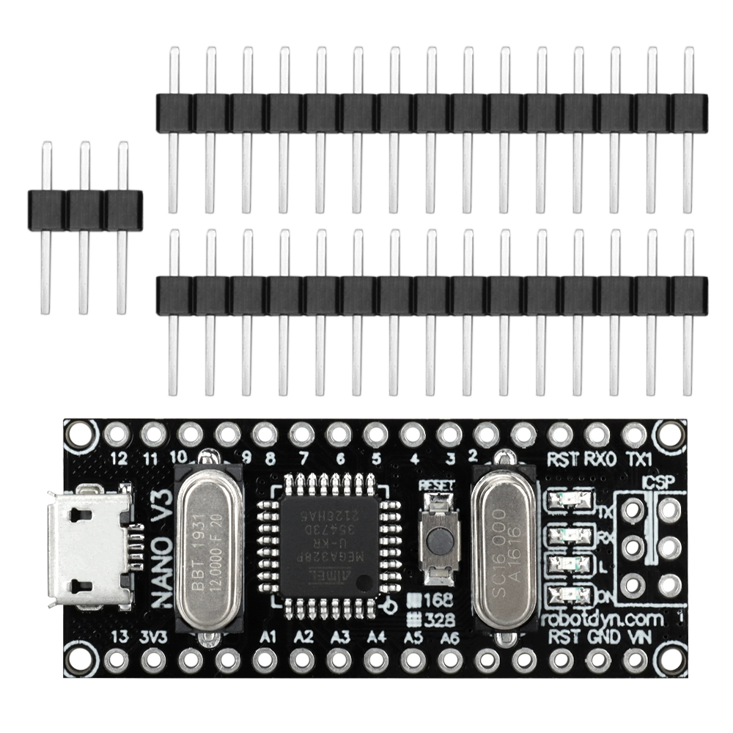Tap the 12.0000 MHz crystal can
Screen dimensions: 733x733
coord(208,548)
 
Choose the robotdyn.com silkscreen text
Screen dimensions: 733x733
coord(603,619)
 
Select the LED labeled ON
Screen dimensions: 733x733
coord(572,594)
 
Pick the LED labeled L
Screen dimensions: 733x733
coord(572,564)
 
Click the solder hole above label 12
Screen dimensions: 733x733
coord(116,435)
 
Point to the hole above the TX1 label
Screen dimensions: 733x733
coord(634,435)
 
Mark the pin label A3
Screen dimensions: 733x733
coord(340,637)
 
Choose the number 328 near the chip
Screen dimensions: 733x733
coord(442,618)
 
